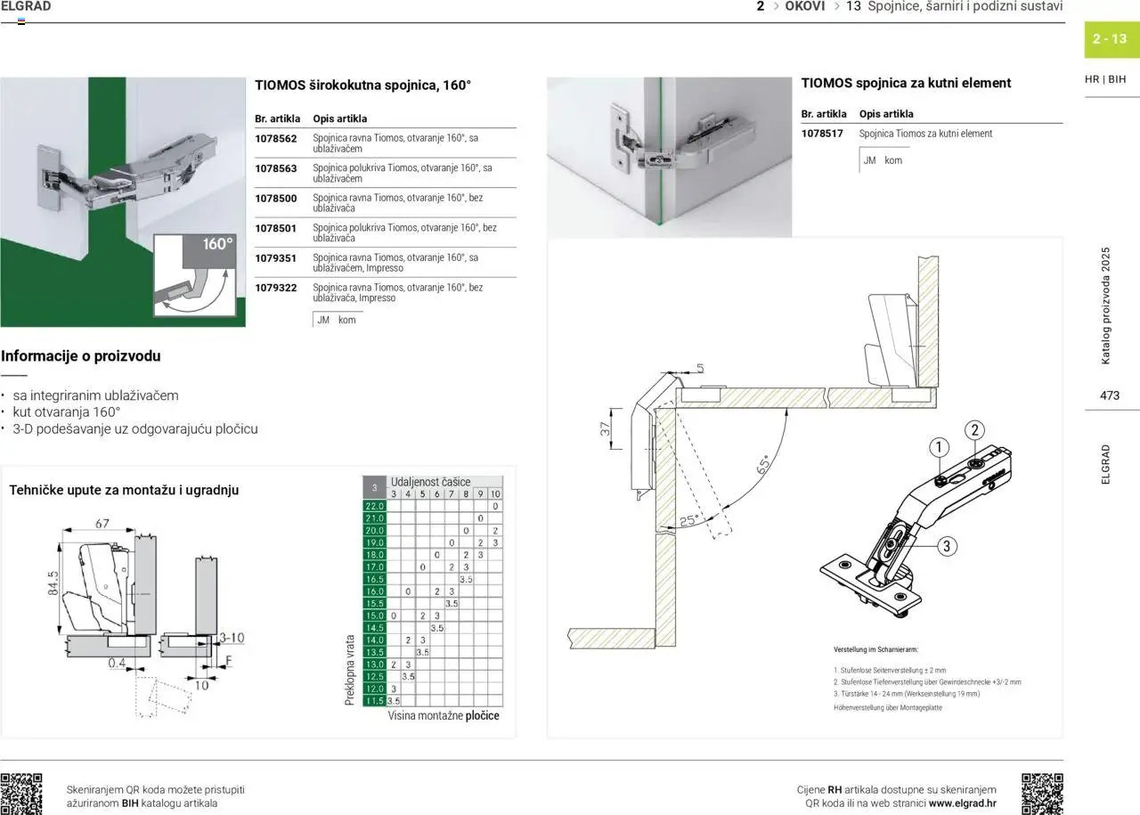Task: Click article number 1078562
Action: (276, 139)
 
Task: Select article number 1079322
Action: (276, 288)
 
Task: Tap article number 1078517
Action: (822, 134)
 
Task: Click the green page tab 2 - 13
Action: (1110, 39)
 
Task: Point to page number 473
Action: (1110, 395)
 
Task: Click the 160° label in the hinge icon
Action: (217, 244)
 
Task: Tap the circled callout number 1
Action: (939, 447)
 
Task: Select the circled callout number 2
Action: (975, 430)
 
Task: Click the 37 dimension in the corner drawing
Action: (606, 429)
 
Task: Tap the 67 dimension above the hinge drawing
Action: (102, 524)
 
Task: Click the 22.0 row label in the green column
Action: (374, 506)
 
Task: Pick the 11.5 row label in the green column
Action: (374, 701)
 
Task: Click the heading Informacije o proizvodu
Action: (81, 356)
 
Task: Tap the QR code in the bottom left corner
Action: (21, 794)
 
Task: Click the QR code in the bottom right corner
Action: (1042, 794)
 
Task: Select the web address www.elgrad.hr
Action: (962, 803)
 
